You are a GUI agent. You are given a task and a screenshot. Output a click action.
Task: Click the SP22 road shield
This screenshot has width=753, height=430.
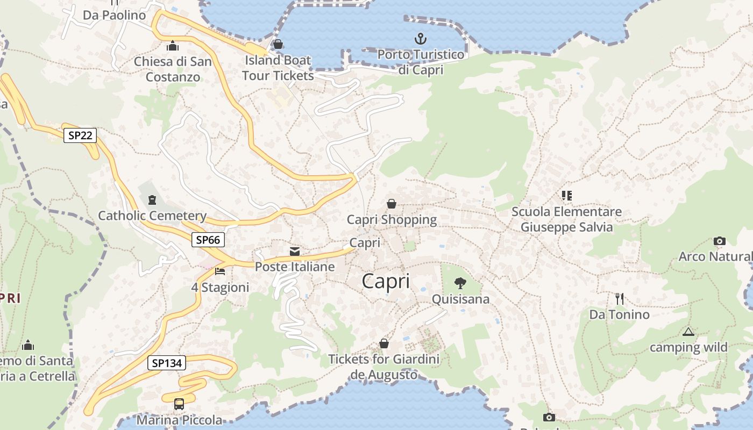click(80, 135)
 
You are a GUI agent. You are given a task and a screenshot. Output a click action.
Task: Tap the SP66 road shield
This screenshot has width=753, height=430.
click(208, 240)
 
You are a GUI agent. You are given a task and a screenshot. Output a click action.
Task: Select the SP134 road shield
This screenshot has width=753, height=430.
click(167, 363)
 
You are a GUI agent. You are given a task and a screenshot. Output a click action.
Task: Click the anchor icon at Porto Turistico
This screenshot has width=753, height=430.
click(421, 39)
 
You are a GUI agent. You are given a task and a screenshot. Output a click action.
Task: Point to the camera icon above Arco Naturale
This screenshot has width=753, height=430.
click(719, 241)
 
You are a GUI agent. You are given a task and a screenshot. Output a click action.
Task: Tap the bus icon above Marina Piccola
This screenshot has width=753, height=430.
click(179, 404)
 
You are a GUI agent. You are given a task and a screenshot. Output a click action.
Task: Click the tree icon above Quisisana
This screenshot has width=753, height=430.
click(460, 283)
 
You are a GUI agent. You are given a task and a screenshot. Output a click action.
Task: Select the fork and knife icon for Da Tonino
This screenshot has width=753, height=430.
click(620, 299)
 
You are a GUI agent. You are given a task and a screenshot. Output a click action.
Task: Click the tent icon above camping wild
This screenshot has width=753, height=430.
click(688, 332)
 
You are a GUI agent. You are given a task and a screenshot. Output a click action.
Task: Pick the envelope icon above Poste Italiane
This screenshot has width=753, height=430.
click(295, 252)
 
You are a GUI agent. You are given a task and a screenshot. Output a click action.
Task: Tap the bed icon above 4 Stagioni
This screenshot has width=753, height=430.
click(220, 271)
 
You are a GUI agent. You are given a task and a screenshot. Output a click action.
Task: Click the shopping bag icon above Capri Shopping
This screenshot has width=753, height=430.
click(392, 204)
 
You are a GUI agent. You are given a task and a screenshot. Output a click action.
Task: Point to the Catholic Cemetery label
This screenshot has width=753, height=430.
click(152, 216)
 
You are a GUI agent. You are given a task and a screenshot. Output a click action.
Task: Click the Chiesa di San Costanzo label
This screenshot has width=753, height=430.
click(173, 69)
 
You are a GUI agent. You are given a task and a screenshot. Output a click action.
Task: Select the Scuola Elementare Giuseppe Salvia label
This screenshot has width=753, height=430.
click(566, 219)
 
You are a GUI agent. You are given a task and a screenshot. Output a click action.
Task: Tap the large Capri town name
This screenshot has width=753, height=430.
click(386, 281)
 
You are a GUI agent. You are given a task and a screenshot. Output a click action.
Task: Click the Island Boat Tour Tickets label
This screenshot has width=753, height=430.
click(278, 68)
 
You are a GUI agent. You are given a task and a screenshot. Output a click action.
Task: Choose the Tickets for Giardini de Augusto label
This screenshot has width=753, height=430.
click(383, 367)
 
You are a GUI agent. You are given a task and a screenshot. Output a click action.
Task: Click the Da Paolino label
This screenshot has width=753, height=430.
click(115, 15)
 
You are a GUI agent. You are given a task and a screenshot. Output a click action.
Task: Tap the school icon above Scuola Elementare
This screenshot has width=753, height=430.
click(566, 196)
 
